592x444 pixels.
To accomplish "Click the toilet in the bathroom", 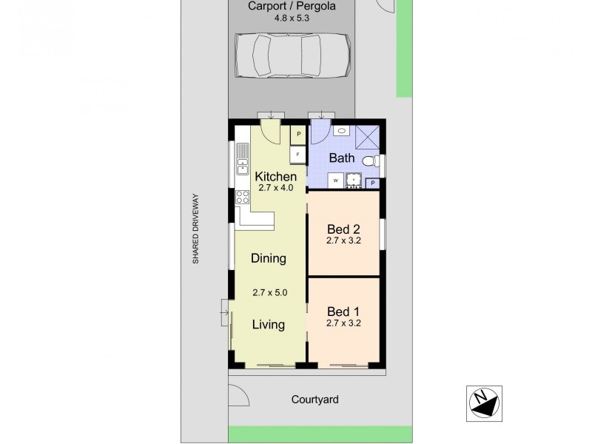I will (x=377, y=160).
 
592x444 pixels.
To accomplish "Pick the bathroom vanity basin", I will (x=341, y=131).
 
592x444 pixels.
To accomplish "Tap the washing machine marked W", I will (x=336, y=180).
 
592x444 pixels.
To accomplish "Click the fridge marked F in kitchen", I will (x=297, y=154).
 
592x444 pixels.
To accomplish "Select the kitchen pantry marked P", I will (x=297, y=134).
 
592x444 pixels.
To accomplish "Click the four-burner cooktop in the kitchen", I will (x=242, y=198).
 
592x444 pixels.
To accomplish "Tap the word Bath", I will (x=342, y=158).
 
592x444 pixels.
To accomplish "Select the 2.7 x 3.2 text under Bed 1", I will (x=343, y=323).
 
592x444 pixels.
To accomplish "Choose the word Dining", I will (x=268, y=258).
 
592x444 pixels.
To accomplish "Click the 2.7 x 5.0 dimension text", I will (x=269, y=292).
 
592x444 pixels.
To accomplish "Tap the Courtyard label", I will (x=314, y=400).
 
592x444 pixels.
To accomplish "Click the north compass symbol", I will (x=484, y=403).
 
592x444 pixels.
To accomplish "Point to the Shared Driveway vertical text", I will (x=196, y=229).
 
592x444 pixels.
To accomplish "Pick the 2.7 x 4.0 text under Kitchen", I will (x=276, y=188).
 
